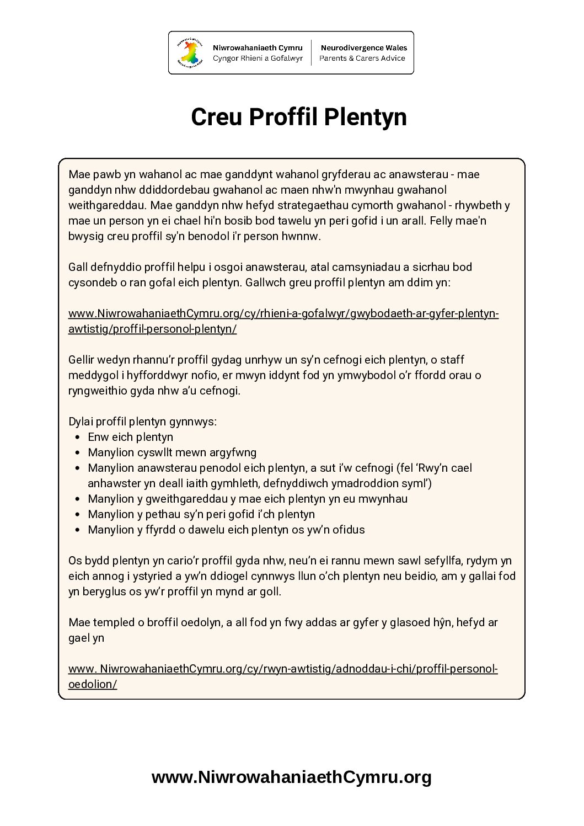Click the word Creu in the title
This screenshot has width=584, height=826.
tap(217, 117)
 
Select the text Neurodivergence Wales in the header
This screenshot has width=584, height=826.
tap(364, 48)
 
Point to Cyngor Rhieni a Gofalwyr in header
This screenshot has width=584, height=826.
tap(258, 58)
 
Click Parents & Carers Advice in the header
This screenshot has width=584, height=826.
tap(362, 58)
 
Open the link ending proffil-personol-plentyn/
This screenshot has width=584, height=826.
tap(152, 329)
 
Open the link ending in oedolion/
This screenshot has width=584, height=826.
tap(93, 684)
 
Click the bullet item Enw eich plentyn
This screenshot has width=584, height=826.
tap(130, 437)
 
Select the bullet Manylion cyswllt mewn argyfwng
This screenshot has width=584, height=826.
tap(172, 452)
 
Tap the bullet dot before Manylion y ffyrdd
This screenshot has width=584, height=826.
tap(77, 530)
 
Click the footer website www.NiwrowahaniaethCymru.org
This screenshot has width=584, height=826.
tap(291, 777)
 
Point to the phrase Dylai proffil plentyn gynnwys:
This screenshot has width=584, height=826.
tap(142, 422)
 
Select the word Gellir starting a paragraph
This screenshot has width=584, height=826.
tap(83, 360)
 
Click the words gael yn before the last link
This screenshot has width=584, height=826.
tap(86, 638)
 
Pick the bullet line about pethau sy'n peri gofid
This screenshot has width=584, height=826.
tap(201, 514)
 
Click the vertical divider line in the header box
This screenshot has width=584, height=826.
tap(312, 53)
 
